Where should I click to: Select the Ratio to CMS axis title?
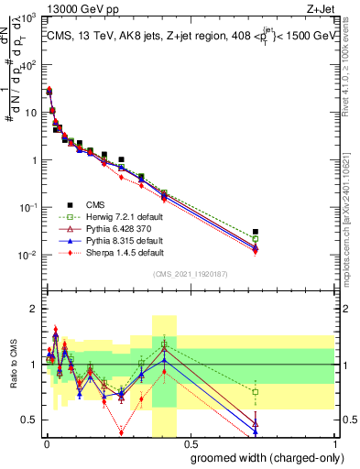(x=14, y=366)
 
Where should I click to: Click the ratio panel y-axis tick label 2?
(x=34, y=309)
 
